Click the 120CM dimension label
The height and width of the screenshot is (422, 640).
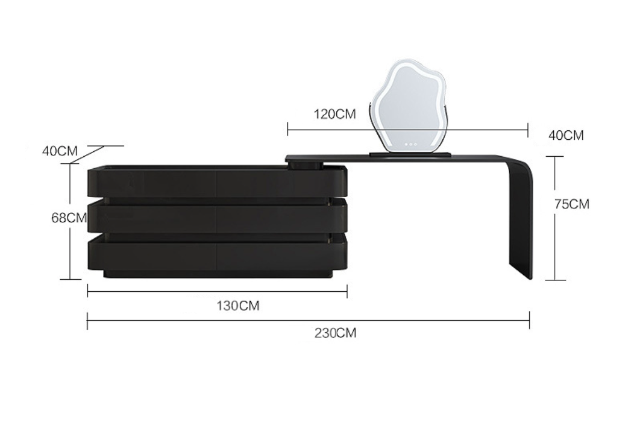point(334,114)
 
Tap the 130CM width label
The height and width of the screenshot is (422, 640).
point(238,306)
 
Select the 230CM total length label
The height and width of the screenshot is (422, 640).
point(335,333)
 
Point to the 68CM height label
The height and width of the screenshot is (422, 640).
point(69,218)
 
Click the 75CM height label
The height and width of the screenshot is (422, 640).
point(572,204)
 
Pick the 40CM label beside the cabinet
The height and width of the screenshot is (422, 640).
point(60,151)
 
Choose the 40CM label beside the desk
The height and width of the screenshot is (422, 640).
point(566,135)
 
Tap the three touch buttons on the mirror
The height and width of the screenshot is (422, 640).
point(410,144)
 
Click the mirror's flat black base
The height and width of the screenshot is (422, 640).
point(410,154)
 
